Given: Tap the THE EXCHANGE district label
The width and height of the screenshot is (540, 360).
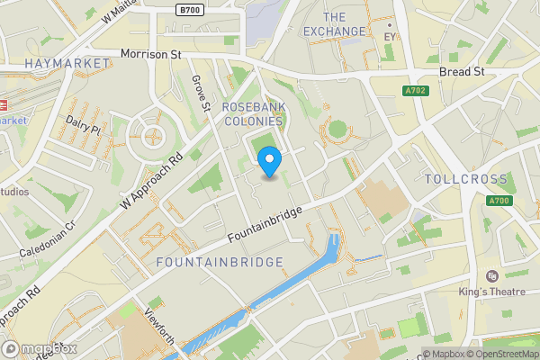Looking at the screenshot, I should pyautogui.click(x=334, y=24).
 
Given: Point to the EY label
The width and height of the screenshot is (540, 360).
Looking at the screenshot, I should pyautogui.click(x=390, y=37).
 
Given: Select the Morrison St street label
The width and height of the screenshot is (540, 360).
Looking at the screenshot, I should pyautogui.click(x=150, y=54).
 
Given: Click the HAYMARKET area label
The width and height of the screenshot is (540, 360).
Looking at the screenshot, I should pyautogui.click(x=67, y=63).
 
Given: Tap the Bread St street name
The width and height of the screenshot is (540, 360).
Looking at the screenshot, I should pyautogui.click(x=462, y=71).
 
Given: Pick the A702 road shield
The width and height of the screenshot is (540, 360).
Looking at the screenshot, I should pyautogui.click(x=416, y=91).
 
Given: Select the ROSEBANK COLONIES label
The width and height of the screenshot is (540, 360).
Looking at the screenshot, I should pyautogui.click(x=253, y=113).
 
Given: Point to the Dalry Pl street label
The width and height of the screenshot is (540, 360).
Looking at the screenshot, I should pyautogui.click(x=83, y=125).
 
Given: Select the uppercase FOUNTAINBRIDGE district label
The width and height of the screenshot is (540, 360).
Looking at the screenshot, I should pyautogui.click(x=220, y=262).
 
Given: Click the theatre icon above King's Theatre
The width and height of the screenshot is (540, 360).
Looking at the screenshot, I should pyautogui.click(x=491, y=275).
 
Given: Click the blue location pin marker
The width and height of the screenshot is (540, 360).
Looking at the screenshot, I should pyautogui.click(x=270, y=162).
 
